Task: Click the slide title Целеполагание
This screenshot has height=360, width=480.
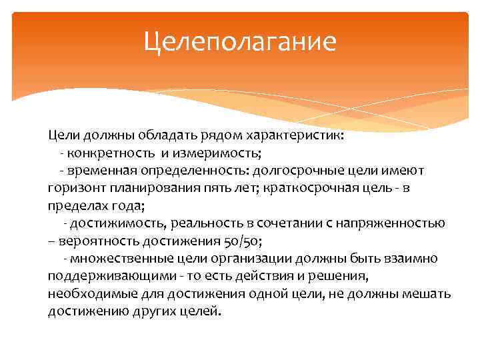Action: (x=240, y=43)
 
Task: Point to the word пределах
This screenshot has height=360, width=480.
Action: (x=76, y=205)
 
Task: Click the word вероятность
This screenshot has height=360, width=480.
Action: (x=96, y=240)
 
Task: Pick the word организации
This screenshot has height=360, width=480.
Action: (x=251, y=258)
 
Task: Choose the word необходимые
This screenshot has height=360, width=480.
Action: (x=87, y=293)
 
